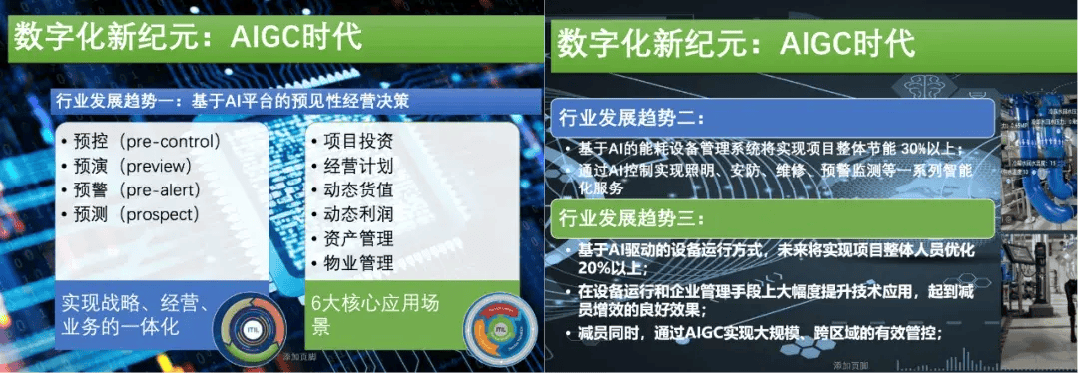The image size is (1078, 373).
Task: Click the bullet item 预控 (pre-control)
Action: [x=141, y=140]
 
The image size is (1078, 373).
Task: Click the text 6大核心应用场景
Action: [x=373, y=314]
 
